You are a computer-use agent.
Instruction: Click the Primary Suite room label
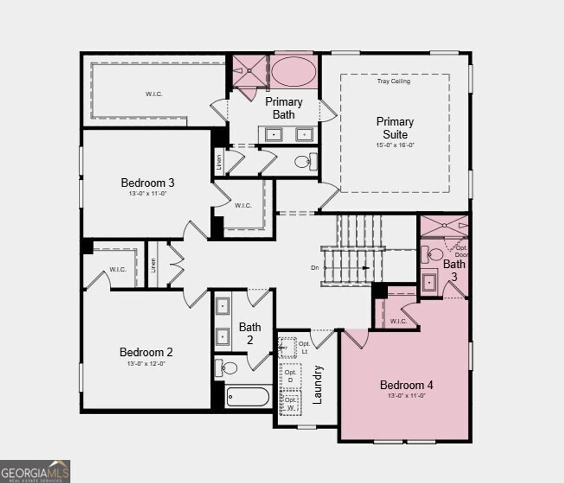(395, 128)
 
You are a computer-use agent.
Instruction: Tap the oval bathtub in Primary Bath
(293, 72)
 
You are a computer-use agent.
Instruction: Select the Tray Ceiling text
(393, 81)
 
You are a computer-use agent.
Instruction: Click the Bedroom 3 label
(148, 183)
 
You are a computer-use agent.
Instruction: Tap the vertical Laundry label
(318, 385)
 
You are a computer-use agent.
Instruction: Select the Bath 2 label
(250, 333)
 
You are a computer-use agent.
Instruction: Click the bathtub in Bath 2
(248, 397)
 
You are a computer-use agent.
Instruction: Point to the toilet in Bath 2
(227, 367)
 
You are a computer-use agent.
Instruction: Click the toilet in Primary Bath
(303, 162)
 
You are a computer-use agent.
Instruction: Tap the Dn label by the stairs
(314, 268)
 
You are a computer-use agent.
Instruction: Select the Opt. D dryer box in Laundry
(290, 376)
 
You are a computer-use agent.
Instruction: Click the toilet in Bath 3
(434, 255)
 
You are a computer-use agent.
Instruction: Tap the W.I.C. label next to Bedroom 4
(398, 321)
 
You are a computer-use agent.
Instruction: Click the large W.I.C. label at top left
(154, 94)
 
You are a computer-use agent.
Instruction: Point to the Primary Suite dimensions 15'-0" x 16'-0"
(395, 145)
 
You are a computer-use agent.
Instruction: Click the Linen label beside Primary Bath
(219, 163)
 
